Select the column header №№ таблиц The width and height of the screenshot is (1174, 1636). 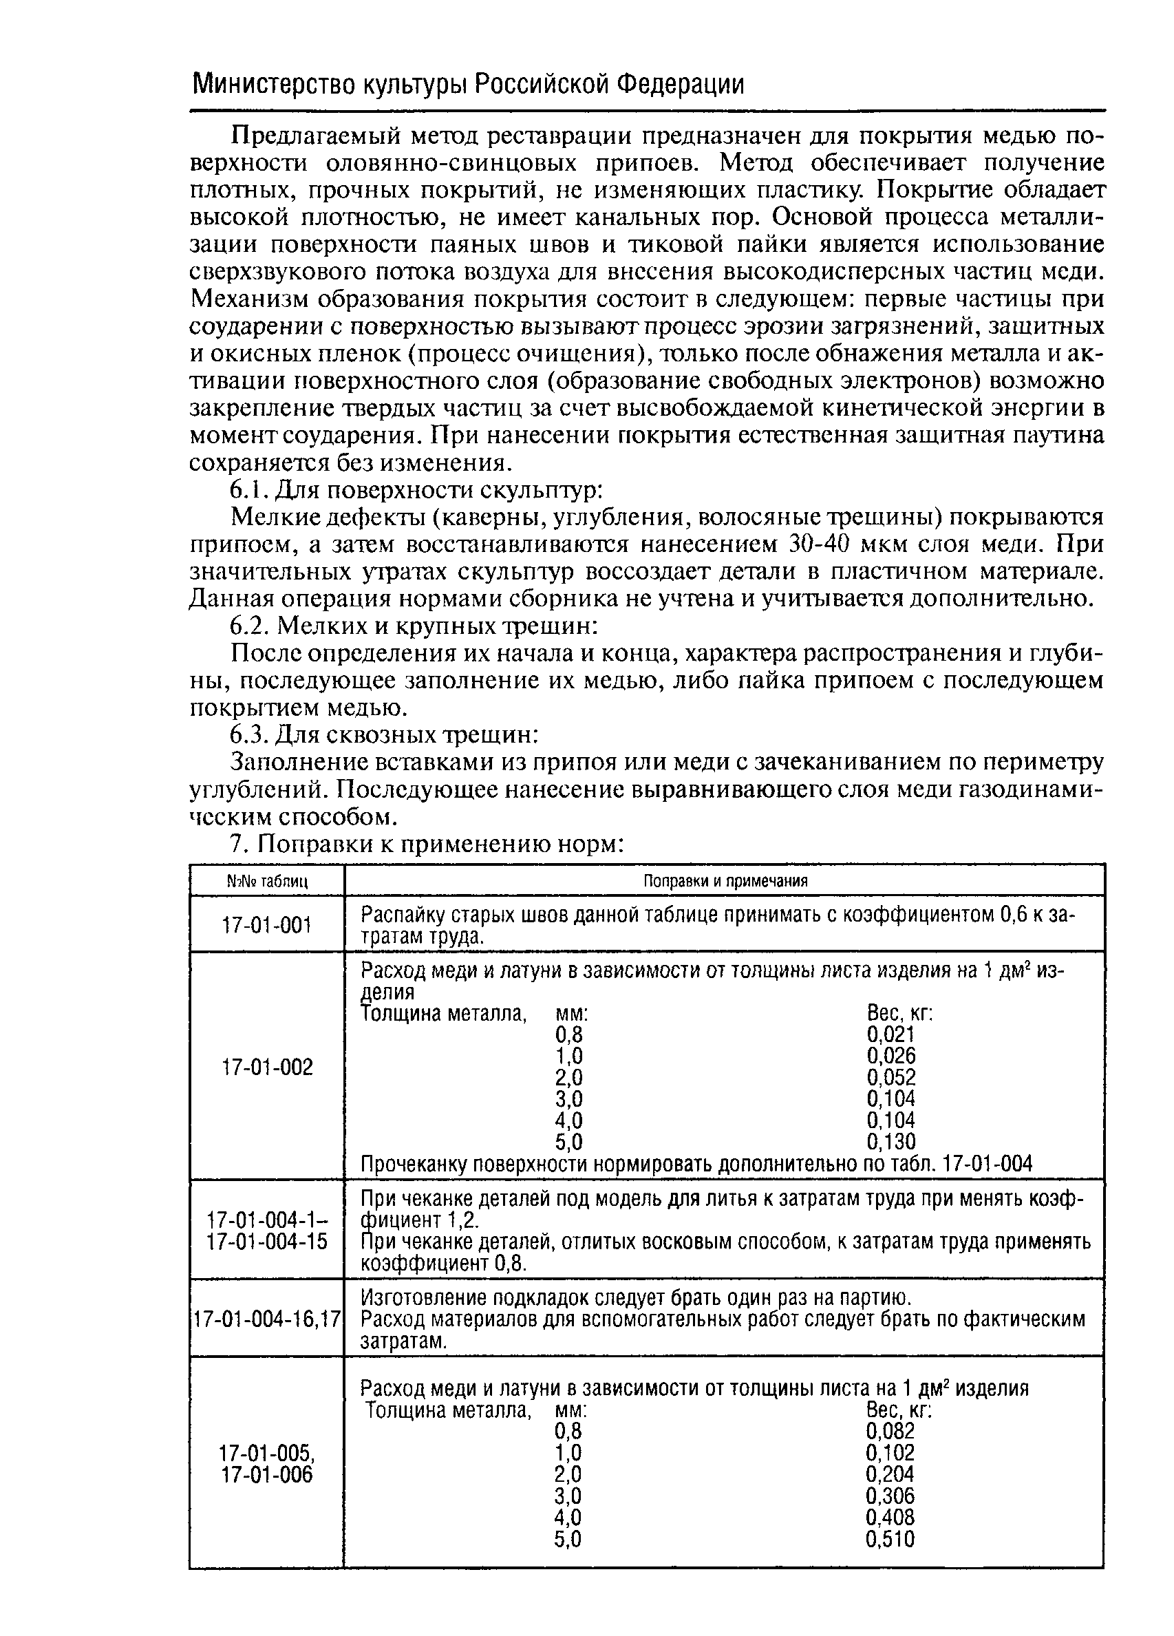click(267, 882)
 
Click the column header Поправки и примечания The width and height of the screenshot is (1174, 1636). click(725, 881)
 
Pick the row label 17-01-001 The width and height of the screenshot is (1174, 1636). click(267, 924)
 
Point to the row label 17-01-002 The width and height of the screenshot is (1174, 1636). click(267, 1067)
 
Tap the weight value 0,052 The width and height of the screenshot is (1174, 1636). click(890, 1078)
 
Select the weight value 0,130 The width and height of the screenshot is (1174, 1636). click(890, 1142)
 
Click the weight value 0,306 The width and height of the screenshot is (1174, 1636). click(890, 1496)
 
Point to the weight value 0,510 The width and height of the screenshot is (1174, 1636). click(890, 1540)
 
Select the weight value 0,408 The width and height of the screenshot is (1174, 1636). click(890, 1517)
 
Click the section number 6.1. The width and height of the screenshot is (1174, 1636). click(249, 491)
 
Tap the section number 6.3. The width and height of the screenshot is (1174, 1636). click(249, 735)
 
